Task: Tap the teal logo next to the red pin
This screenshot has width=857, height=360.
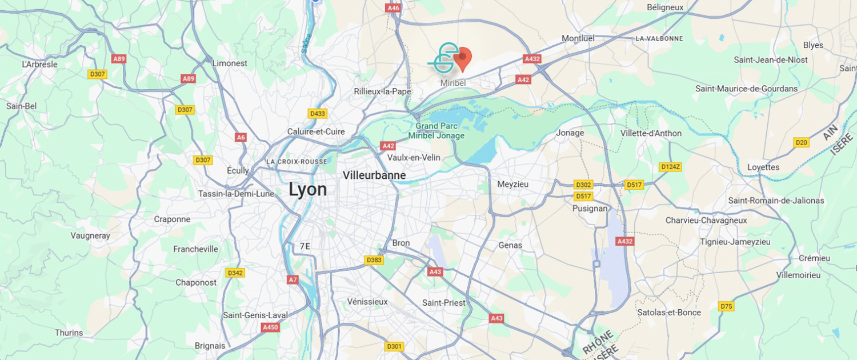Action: point(444,58)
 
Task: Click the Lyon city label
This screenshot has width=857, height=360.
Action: point(307,189)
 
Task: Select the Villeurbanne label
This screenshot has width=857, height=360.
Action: point(374,175)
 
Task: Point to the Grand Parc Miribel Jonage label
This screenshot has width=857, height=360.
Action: point(436,131)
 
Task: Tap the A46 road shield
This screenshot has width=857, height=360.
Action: point(393,8)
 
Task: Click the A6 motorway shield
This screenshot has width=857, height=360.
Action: point(241,137)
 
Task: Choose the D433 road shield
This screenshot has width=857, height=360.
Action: point(317,114)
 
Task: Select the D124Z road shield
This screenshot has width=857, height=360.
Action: point(670,167)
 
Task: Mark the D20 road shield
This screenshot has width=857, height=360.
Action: point(802,142)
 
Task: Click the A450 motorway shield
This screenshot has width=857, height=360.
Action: point(270,327)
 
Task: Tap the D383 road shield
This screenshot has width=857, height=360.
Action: point(374,260)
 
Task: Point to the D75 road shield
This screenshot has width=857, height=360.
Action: point(726,306)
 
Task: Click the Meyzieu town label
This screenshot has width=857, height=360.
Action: point(513,184)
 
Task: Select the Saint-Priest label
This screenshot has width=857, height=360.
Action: point(443,302)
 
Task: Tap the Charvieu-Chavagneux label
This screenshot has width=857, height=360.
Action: point(706,220)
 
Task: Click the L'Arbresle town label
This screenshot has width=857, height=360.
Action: point(40,64)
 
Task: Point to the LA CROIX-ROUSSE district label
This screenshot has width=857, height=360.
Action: point(297,162)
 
